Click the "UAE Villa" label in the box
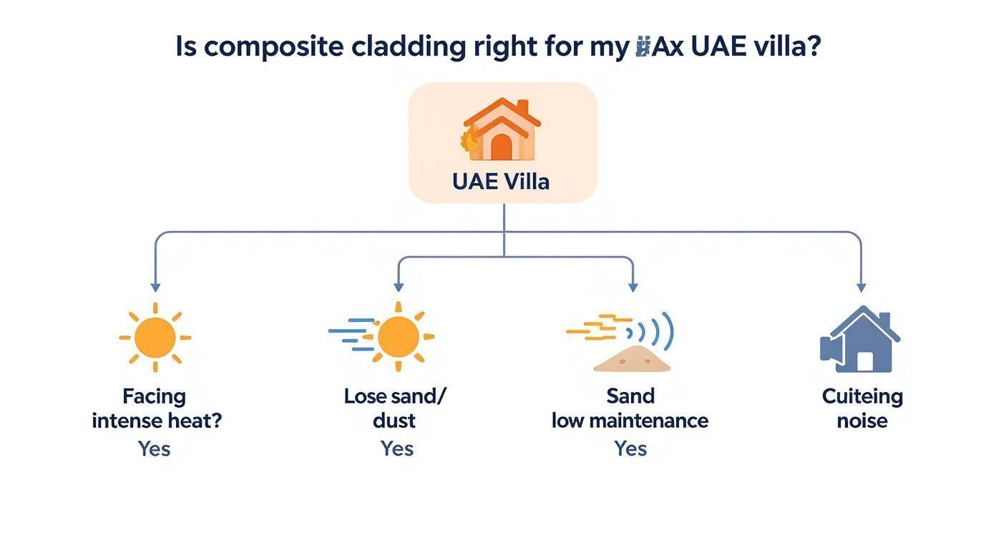[x=501, y=181]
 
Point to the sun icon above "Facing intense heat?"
[x=155, y=337]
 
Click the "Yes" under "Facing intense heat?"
[x=154, y=449]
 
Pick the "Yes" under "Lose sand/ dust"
[x=396, y=449]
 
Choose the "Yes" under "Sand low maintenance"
[x=630, y=449]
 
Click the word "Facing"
[x=154, y=396]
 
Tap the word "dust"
[x=394, y=420]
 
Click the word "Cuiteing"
[x=862, y=396]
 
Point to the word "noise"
[x=862, y=420]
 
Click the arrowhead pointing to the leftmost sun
[x=155, y=287]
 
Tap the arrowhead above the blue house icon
[x=861, y=287]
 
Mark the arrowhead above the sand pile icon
[x=633, y=287]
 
